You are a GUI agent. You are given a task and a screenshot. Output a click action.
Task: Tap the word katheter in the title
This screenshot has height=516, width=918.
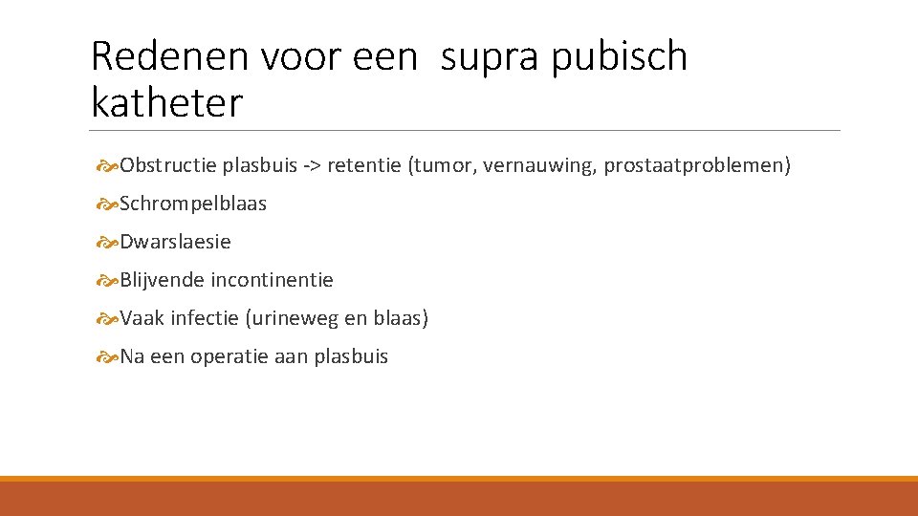[x=167, y=102]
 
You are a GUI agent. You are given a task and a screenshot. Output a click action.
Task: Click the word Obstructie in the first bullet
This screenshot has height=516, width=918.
[x=168, y=166]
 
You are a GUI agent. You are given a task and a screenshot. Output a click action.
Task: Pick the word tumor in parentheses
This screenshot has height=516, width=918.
[x=443, y=166]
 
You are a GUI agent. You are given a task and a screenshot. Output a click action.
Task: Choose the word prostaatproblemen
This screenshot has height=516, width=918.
[x=695, y=166]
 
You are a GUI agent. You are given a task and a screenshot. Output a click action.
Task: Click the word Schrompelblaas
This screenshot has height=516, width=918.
[x=193, y=204]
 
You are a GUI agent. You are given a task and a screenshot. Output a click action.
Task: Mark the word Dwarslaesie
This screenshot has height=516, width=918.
[x=175, y=243]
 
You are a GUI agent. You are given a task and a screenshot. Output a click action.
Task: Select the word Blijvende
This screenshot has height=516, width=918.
[x=163, y=281]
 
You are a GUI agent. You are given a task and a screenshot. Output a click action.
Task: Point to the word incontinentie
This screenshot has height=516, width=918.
[x=272, y=281]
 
